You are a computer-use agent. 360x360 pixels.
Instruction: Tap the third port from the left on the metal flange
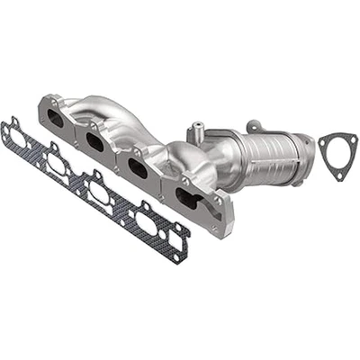coord(138,168)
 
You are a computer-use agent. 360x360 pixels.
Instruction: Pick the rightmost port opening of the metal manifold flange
coord(185,198)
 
